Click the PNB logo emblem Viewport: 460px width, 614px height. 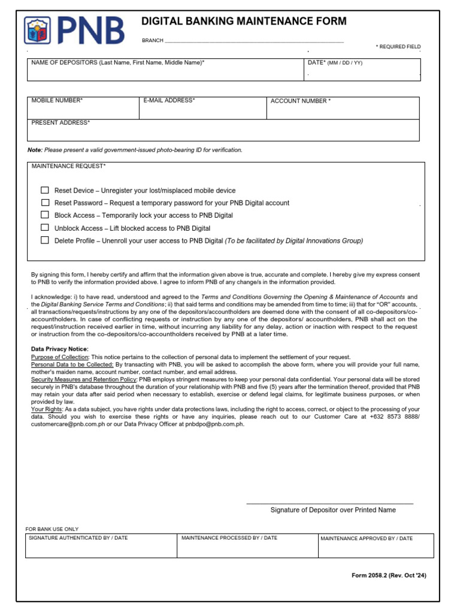tap(38, 31)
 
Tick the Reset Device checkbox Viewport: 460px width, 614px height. tap(45, 190)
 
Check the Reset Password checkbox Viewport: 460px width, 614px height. tap(45, 203)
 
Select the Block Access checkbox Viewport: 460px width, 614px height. tap(45, 215)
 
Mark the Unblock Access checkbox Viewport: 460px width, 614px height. tap(45, 228)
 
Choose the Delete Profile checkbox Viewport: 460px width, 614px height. tap(45, 240)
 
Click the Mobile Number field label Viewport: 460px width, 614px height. tap(57, 101)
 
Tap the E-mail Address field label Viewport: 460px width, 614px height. tap(169, 101)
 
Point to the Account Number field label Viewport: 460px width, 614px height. tap(300, 101)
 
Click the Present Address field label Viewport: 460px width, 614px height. tap(60, 123)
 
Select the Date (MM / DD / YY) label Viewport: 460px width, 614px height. tap(335, 63)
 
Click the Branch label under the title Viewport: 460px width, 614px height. tap(152, 41)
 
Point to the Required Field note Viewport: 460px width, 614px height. tap(398, 47)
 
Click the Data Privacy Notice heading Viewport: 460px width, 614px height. tap(59, 349)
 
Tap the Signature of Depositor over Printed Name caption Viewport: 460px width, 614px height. tap(333, 510)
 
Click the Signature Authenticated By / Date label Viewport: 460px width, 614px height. tap(78, 538)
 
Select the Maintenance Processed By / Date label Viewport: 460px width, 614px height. tap(229, 538)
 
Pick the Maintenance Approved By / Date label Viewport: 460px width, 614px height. tap(367, 538)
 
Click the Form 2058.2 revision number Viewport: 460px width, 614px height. tap(389, 576)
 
